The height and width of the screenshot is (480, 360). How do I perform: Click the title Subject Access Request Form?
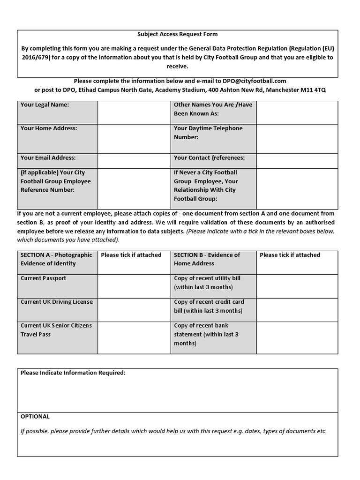[x=177, y=34]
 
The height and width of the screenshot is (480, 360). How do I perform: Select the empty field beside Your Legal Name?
[x=134, y=112]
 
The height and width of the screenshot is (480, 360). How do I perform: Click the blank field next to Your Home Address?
[x=134, y=138]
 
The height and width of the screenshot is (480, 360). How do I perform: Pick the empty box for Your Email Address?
[x=134, y=161]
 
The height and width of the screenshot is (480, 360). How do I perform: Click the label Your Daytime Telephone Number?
[x=208, y=133]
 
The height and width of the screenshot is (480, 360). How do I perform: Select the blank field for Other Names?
[x=297, y=112]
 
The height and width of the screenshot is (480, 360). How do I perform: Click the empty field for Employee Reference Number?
[x=134, y=187]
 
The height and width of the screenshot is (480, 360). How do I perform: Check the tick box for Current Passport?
[x=134, y=286]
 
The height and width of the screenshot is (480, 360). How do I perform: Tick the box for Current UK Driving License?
[x=134, y=309]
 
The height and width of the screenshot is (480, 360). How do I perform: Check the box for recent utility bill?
[x=297, y=286]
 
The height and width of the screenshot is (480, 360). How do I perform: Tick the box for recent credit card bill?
[x=297, y=309]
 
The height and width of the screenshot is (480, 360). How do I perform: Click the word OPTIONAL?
[x=35, y=416]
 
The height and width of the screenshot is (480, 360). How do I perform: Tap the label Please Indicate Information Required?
[x=73, y=373]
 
